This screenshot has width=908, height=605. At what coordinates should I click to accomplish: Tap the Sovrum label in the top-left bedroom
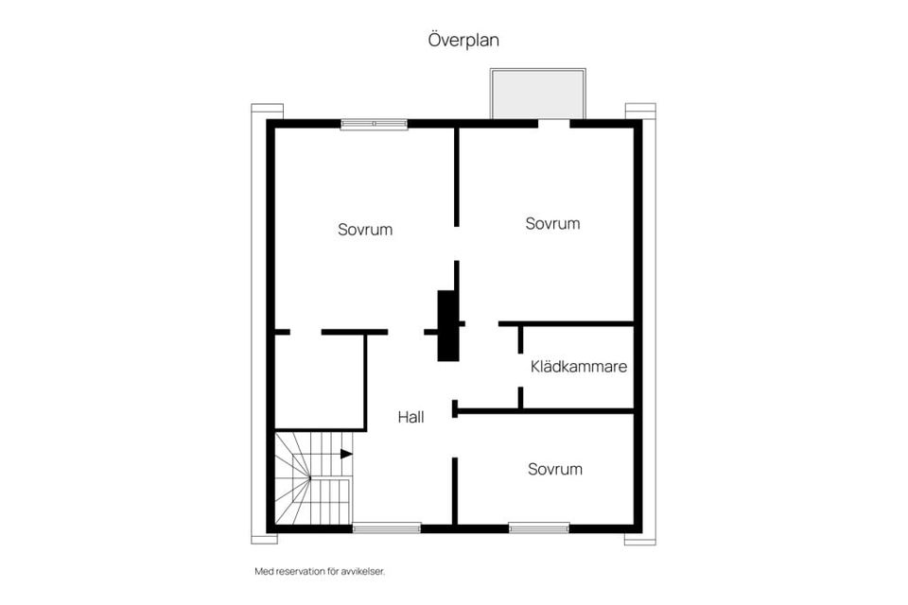point(365,230)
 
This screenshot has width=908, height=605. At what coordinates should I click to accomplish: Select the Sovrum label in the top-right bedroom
point(552,224)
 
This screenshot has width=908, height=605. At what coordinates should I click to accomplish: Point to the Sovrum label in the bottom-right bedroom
point(555,469)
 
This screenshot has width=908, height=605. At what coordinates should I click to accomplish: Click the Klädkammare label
point(579,367)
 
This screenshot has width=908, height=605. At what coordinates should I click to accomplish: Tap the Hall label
point(410,416)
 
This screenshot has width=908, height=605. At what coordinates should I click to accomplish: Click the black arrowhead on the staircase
point(346,454)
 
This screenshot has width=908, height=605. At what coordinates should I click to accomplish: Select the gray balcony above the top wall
point(537,94)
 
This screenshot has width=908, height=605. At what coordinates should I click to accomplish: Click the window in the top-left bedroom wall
point(375,124)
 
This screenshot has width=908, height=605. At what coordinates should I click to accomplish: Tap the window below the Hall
point(386,527)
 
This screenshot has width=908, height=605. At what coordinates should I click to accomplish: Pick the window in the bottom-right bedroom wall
point(538,527)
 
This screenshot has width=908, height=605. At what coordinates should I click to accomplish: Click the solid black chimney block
point(448,325)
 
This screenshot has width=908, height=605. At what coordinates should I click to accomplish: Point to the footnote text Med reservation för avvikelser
point(320,572)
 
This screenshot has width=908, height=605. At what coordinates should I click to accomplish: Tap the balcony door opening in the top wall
point(553,124)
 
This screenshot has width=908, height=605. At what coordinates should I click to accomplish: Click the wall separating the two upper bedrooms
point(457,177)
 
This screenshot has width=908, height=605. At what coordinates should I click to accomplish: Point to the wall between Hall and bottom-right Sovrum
point(455,490)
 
